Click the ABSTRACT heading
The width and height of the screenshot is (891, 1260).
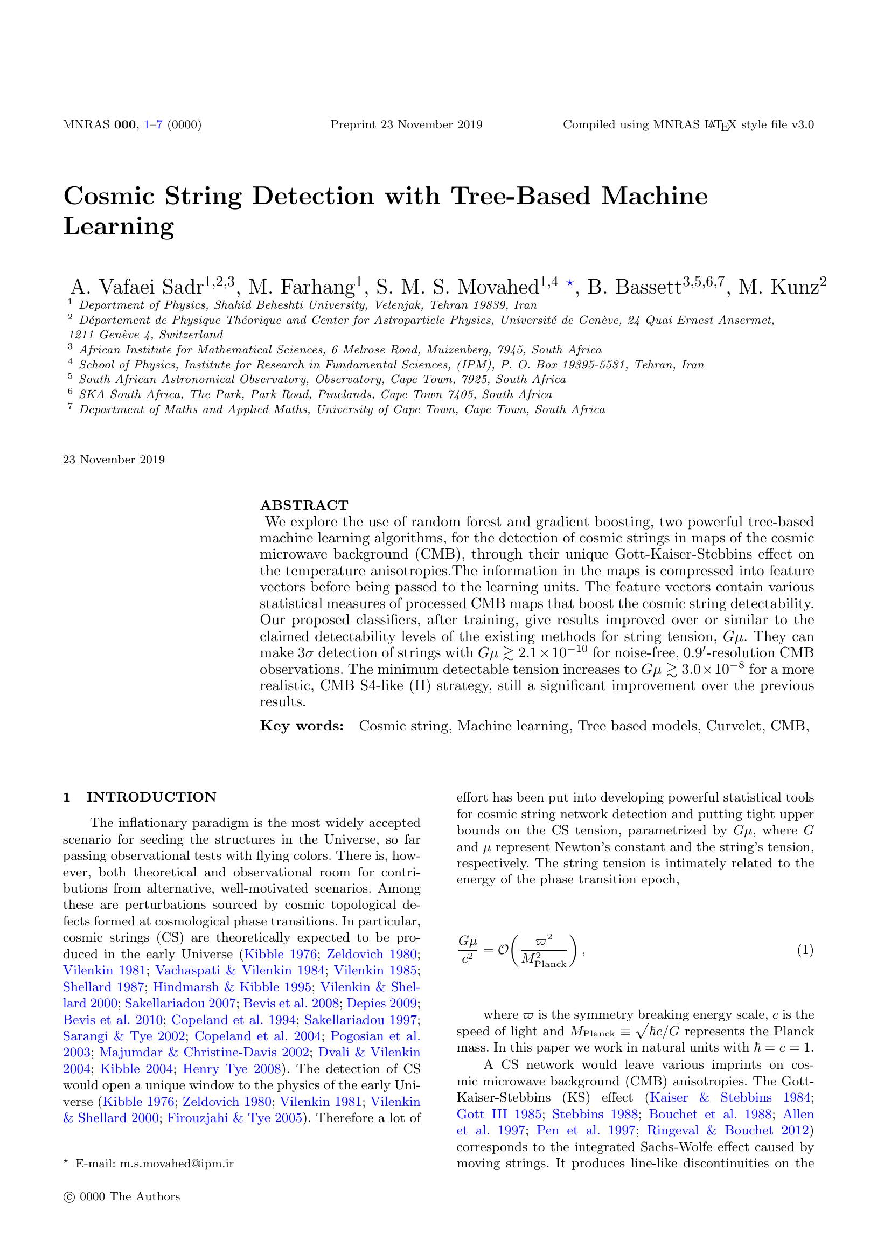pos(304,505)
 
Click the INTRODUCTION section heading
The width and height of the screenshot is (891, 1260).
pos(151,797)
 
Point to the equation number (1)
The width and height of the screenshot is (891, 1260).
pos(805,950)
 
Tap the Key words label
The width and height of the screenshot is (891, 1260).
pos(302,726)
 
